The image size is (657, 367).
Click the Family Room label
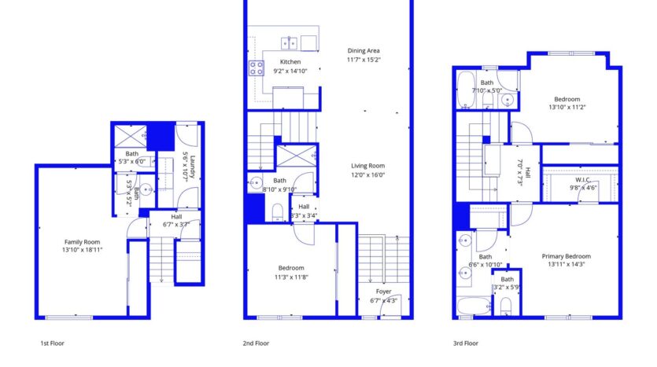83,242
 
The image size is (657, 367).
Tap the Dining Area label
364,51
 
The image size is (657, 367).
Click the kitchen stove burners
257,68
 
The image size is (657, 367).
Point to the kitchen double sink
290,42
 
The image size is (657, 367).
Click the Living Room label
367,166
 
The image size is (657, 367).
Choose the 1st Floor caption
53,343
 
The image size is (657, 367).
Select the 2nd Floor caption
256,343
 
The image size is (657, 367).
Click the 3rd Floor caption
465,343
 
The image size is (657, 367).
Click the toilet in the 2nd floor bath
276,211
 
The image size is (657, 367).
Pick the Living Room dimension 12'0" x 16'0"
367,175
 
